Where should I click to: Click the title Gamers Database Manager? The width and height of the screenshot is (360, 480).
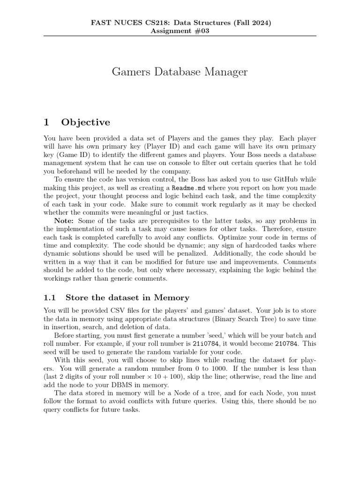click(180, 72)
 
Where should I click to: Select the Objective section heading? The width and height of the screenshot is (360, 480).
click(86, 122)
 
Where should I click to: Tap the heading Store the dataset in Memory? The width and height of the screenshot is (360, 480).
click(127, 297)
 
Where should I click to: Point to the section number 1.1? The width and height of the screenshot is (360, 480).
click(50, 297)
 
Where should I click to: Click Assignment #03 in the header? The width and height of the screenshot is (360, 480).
click(180, 31)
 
